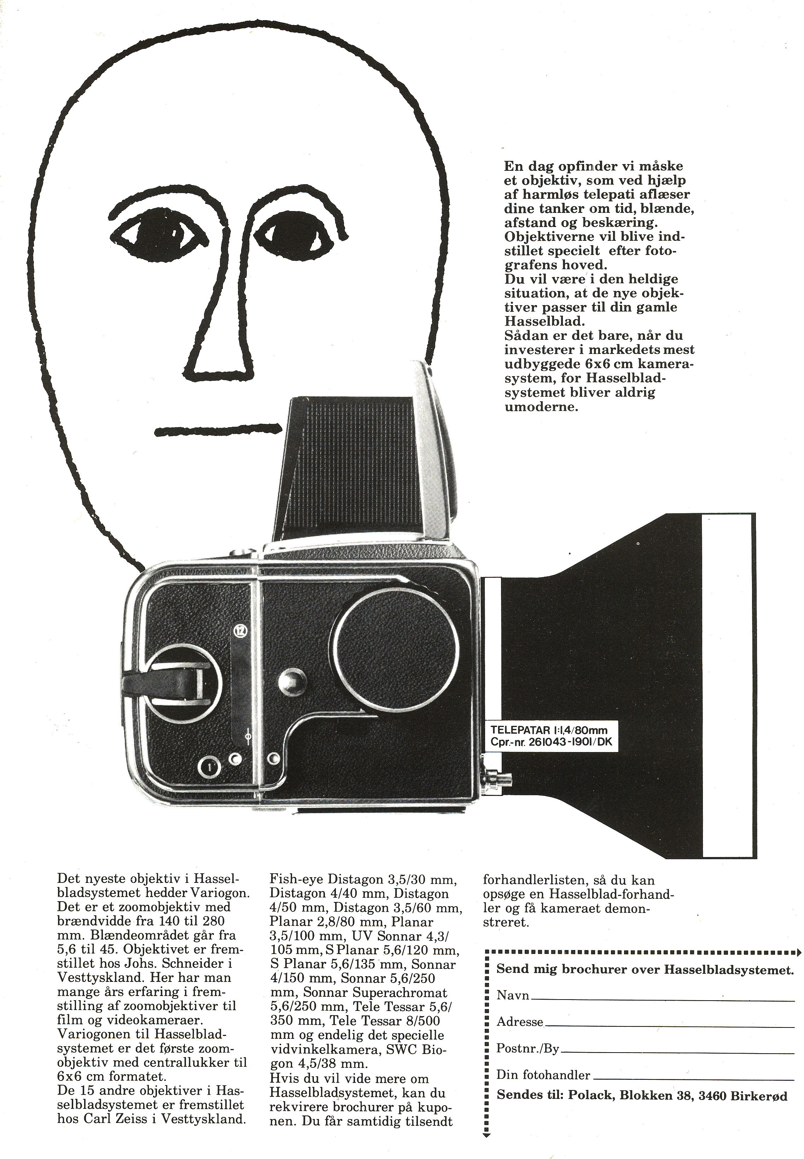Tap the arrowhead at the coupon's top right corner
(797, 953)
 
